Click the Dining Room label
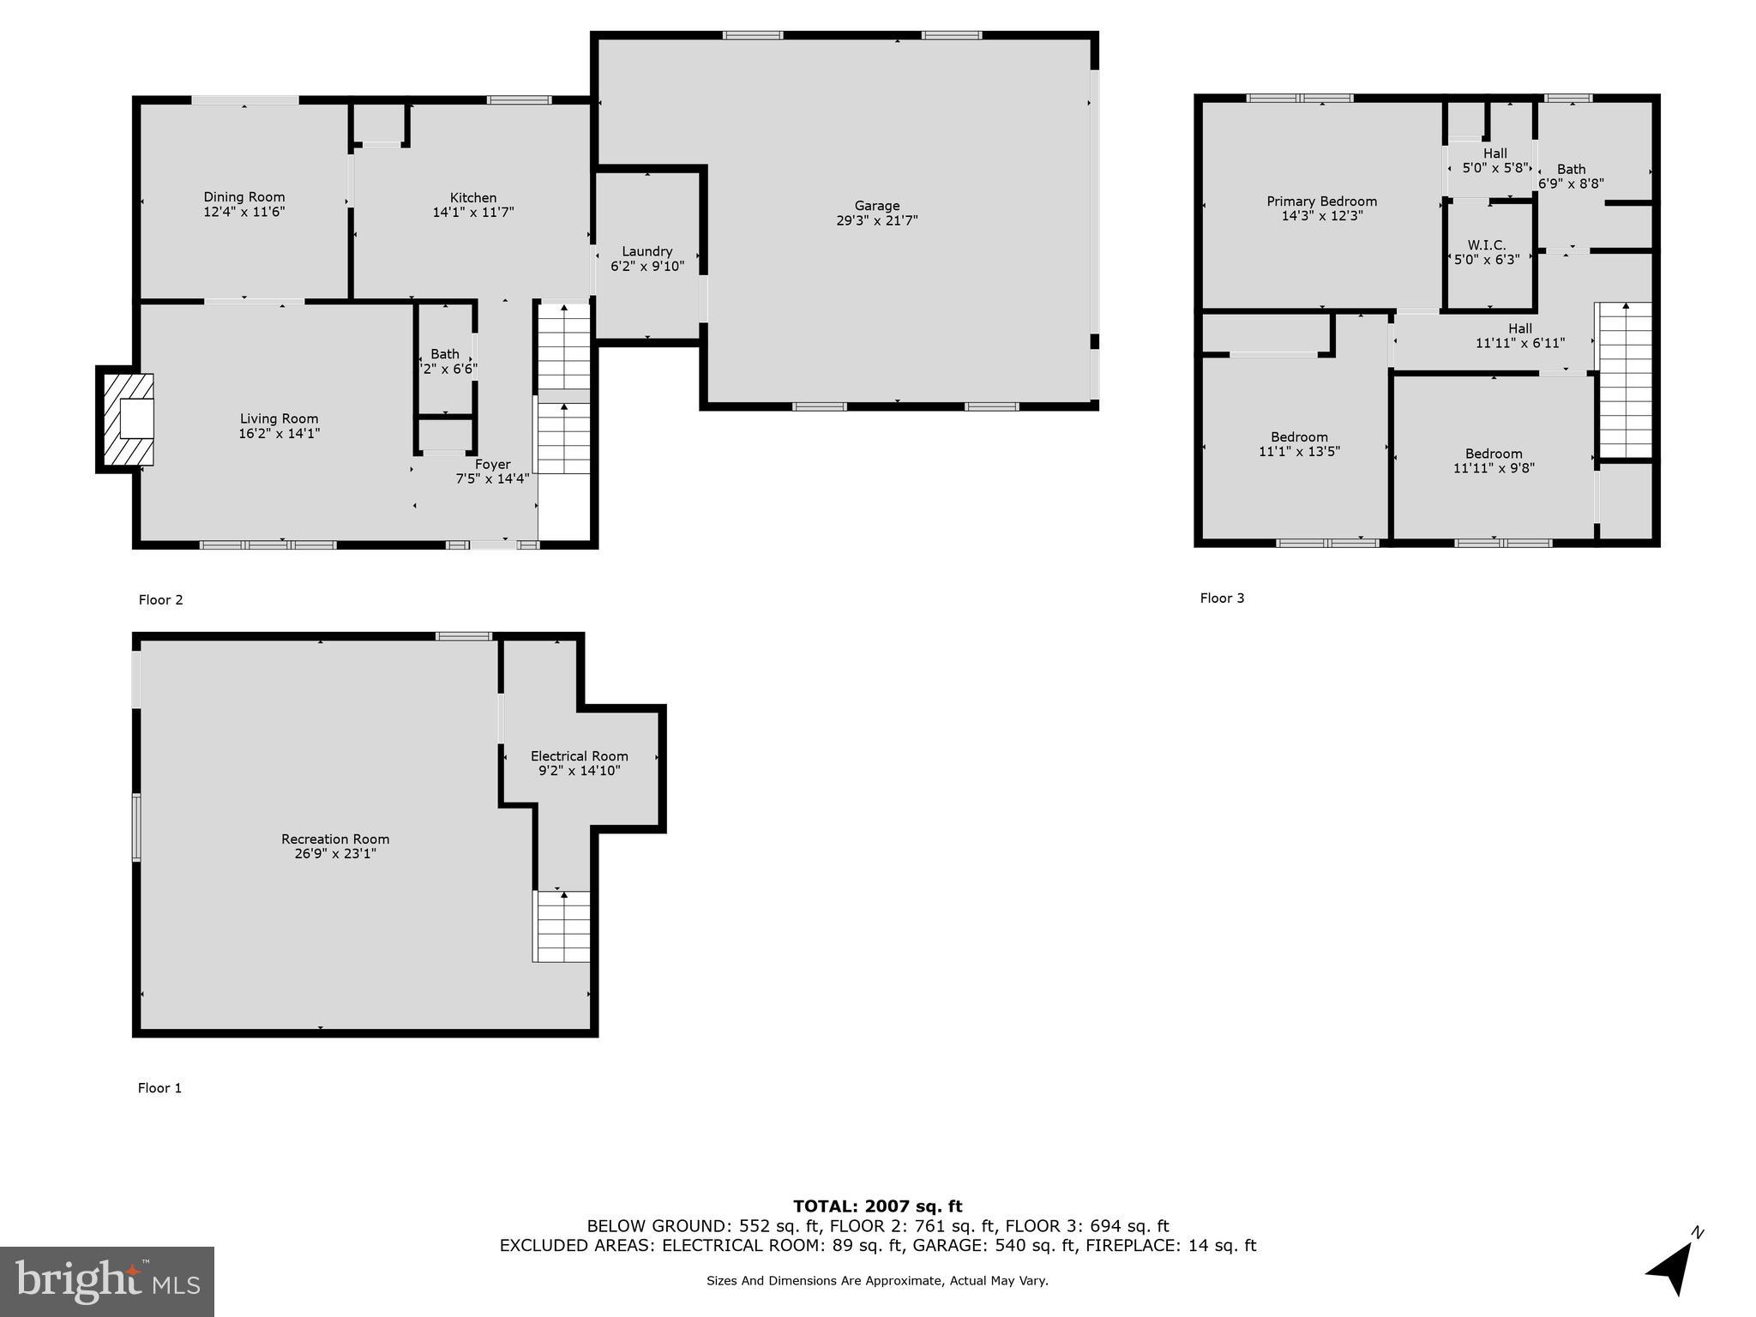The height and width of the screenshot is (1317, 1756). tap(244, 197)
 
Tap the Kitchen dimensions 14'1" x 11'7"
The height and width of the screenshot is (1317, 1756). tap(472, 213)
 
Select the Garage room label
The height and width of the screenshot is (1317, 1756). tap(876, 206)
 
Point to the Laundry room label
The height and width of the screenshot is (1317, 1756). tap(646, 251)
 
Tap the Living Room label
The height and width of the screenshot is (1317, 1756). tap(279, 418)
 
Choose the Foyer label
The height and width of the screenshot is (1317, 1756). tap(492, 464)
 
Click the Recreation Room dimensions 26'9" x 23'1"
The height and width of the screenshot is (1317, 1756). tap(335, 853)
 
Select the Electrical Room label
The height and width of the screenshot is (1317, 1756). tap(579, 755)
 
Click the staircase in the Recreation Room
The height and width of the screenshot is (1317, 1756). tap(562, 926)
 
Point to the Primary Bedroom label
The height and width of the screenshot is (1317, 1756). tap(1321, 201)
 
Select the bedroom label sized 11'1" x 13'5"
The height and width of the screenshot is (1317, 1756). tap(1299, 437)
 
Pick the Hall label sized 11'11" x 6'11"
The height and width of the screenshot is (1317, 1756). tap(1519, 328)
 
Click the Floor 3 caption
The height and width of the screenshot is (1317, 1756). tap(1221, 598)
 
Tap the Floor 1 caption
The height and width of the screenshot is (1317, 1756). tap(159, 1087)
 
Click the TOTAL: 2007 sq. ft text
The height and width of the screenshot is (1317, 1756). tap(877, 1206)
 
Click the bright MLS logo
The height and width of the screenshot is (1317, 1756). tap(107, 1281)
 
